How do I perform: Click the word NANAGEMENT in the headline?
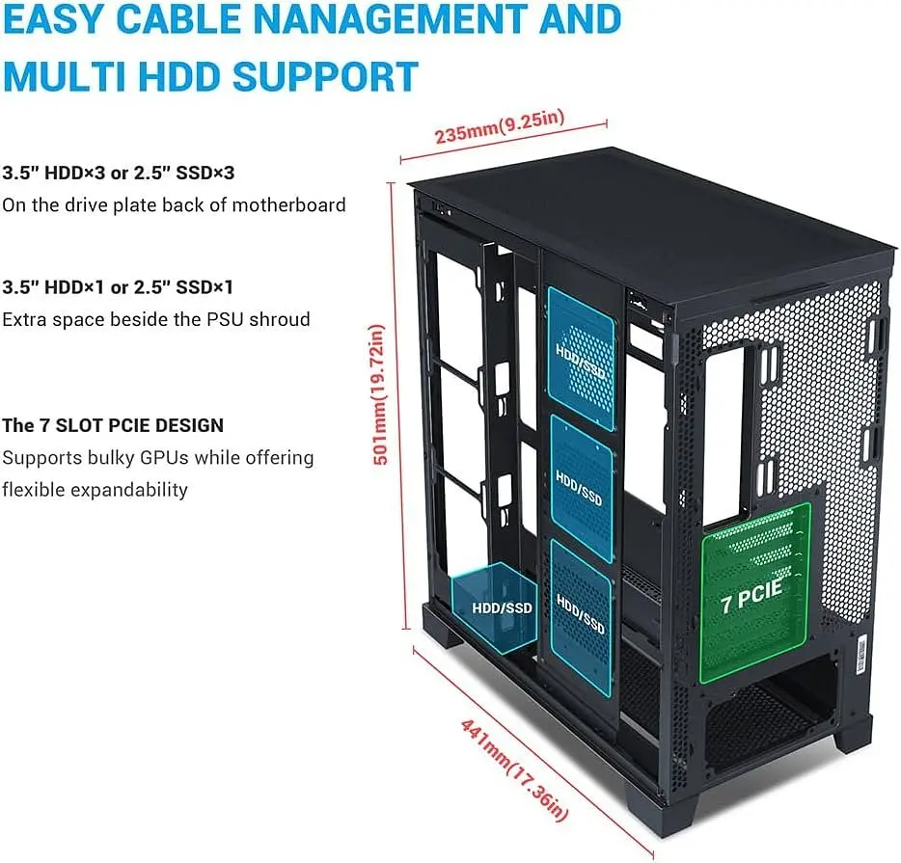[390, 18]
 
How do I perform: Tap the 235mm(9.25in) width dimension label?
[500, 126]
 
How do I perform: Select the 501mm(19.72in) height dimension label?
[379, 393]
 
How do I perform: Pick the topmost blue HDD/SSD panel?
[581, 359]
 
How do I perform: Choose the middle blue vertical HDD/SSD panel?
[582, 489]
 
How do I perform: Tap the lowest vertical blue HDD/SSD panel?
[581, 617]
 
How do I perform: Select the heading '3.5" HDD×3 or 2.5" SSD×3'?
[119, 173]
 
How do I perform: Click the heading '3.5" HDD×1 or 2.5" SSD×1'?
[118, 287]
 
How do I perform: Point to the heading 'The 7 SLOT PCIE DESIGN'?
[113, 425]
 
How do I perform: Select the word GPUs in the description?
[164, 458]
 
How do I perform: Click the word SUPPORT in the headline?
[325, 76]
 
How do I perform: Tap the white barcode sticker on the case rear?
[861, 656]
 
